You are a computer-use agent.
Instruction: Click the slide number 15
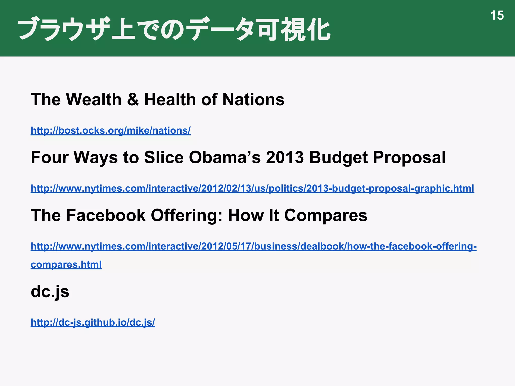point(497,16)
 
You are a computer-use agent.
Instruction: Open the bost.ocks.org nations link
point(111,131)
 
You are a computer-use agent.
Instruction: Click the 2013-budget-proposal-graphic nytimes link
point(252,188)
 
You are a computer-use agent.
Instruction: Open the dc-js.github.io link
point(93,322)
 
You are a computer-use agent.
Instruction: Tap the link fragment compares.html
point(66,265)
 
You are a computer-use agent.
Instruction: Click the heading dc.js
point(50,292)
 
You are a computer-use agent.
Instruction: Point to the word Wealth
point(94,100)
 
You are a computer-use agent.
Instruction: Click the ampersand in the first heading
point(133,100)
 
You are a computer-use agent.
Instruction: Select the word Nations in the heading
point(253,100)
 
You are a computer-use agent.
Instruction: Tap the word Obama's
point(225,158)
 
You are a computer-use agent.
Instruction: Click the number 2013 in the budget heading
point(285,158)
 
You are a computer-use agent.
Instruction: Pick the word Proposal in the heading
point(409,158)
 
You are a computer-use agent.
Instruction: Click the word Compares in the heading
point(326,215)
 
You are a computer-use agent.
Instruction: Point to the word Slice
point(164,158)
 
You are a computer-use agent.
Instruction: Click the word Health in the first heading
point(170,100)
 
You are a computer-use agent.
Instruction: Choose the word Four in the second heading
point(50,158)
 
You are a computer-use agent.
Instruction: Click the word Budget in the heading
point(338,158)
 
